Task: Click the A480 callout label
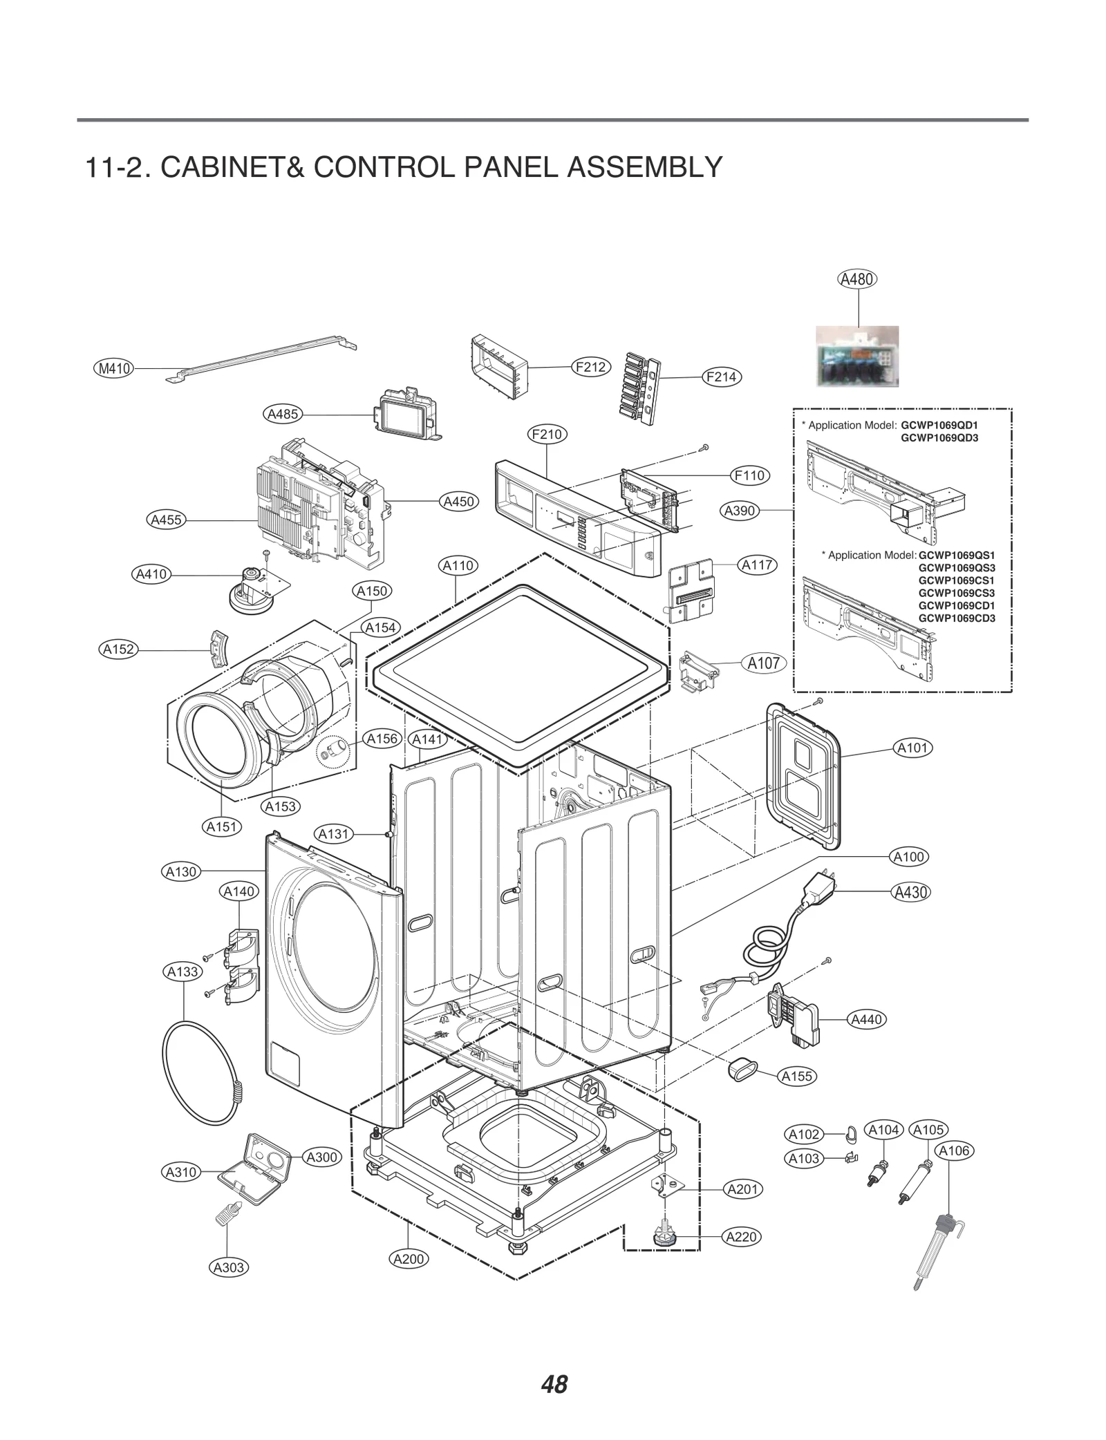(857, 279)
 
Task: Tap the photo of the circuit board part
(858, 357)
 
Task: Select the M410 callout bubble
(114, 368)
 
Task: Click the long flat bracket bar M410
(263, 355)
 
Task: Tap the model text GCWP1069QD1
(939, 425)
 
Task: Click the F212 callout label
(590, 367)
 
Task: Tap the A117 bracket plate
(691, 589)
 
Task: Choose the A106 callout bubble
(955, 1150)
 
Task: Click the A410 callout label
(151, 574)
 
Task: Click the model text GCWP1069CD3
(957, 618)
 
